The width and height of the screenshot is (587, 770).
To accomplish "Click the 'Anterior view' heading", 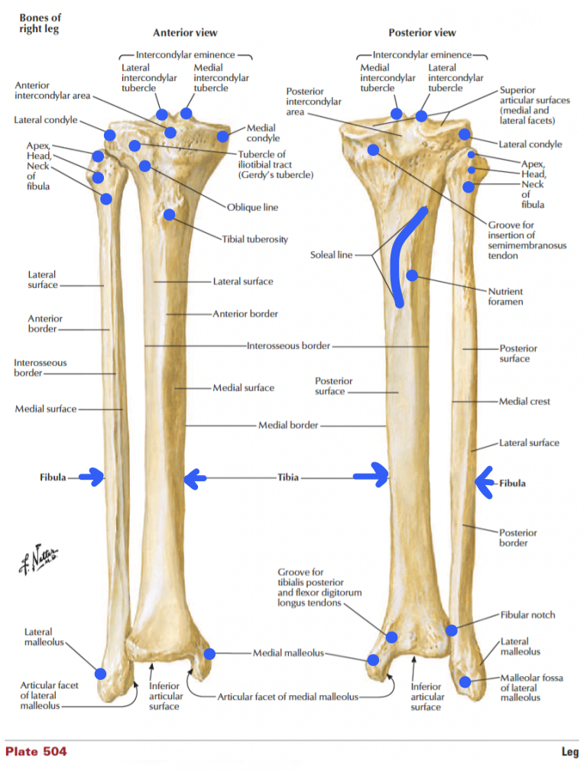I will click(x=185, y=33).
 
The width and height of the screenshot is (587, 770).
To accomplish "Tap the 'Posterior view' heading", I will click(x=422, y=33).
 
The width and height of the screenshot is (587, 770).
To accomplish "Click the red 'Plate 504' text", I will click(x=36, y=752).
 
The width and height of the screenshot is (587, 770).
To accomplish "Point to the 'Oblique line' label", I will click(x=252, y=207).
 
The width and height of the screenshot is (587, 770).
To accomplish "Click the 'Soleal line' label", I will click(x=331, y=254).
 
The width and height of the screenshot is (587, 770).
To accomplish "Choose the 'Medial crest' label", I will click(x=524, y=401).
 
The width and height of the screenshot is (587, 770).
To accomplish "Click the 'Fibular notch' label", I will click(x=527, y=615).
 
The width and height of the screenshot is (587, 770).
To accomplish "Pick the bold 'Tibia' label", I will click(x=287, y=478).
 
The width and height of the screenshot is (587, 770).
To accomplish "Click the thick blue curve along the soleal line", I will click(x=395, y=260).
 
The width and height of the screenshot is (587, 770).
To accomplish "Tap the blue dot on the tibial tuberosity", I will click(x=169, y=215).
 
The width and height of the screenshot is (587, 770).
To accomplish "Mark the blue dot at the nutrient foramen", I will click(x=411, y=275).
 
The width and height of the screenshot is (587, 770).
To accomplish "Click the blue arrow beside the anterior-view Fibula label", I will click(x=92, y=479).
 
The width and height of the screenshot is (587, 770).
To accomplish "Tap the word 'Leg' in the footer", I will click(x=569, y=752).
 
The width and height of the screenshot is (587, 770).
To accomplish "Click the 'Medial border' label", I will click(x=288, y=425).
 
